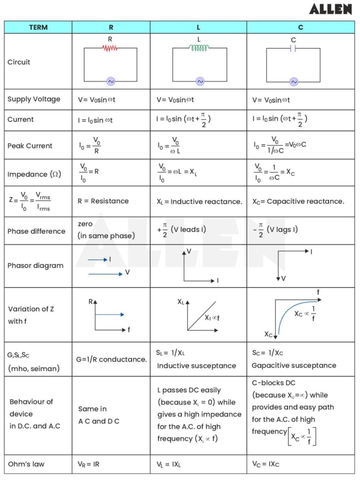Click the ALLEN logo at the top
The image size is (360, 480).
coord(331,9)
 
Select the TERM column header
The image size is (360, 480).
coord(38,27)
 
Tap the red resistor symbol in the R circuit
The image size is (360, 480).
coord(110,48)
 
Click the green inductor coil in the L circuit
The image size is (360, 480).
coord(200,48)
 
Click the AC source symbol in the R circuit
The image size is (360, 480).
coord(110,81)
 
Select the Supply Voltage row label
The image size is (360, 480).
coord(34,99)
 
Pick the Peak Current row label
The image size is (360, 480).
coord(30,146)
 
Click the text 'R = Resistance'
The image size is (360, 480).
coord(103,201)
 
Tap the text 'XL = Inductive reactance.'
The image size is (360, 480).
coord(199,202)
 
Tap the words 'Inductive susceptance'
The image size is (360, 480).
coord(196,366)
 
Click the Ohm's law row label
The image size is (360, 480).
coord(26,464)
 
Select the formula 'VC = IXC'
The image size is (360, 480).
coord(266,464)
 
